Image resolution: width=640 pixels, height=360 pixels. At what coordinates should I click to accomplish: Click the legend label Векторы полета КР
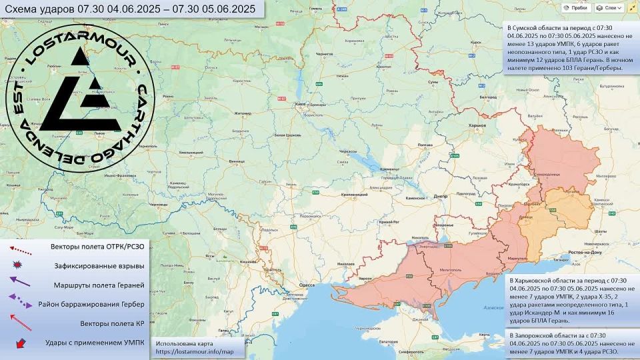click(x=112, y=323)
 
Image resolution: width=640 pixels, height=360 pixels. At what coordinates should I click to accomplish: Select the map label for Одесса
click(x=306, y=285)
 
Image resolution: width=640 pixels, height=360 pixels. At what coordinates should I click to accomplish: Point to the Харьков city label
click(x=477, y=125)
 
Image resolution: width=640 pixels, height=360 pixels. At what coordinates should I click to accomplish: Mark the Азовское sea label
click(x=493, y=308)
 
